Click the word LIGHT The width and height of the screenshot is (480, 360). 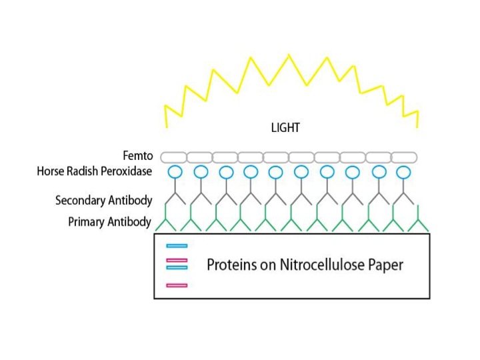[285, 128]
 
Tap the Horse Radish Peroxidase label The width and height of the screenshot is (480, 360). [95, 172]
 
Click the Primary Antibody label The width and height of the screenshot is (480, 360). [109, 222]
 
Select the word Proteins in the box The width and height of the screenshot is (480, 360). [230, 265]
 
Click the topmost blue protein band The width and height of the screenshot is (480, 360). [177, 246]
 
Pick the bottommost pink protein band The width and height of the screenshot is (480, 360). [177, 285]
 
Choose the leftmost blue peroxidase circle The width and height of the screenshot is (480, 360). [175, 172]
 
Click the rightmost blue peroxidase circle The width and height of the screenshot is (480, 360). [403, 172]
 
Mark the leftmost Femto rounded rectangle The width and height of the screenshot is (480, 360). [173, 157]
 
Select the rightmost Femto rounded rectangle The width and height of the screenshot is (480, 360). [404, 157]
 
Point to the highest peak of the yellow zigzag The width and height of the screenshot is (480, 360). [289, 56]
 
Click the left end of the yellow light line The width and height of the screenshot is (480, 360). [167, 126]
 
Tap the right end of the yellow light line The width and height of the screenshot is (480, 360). [417, 126]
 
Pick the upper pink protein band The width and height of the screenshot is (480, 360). [177, 260]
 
